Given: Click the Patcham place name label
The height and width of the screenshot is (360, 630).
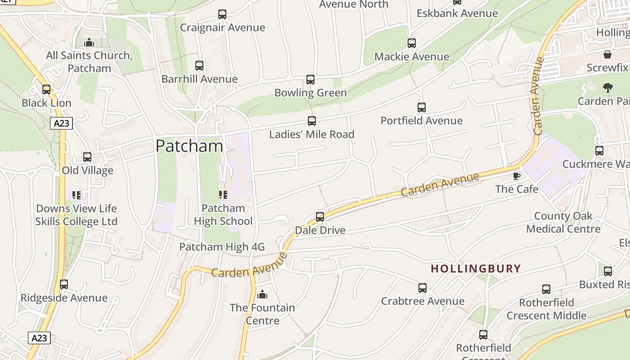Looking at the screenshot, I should [x=189, y=146].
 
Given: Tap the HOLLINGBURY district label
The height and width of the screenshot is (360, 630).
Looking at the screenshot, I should [x=476, y=269].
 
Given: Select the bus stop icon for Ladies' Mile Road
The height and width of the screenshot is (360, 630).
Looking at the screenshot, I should [x=311, y=121].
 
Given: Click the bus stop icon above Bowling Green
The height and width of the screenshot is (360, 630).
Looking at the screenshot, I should [x=310, y=80].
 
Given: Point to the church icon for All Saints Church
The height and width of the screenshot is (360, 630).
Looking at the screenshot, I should [x=89, y=42].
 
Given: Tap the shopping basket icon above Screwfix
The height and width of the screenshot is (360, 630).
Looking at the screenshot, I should [x=607, y=54].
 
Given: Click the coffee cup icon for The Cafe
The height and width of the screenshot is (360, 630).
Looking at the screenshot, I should [x=516, y=176].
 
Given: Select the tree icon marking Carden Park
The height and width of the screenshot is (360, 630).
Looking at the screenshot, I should [x=607, y=88].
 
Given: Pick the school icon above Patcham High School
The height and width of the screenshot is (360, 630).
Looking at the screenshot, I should [x=223, y=195].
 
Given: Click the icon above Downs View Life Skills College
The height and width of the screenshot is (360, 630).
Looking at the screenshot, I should [x=76, y=195].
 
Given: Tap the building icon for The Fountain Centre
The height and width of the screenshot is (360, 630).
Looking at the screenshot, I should [x=262, y=295].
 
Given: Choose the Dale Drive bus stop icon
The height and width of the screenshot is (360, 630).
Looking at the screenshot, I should [x=320, y=217].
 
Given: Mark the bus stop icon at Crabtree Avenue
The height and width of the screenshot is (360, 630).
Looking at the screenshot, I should [x=422, y=288].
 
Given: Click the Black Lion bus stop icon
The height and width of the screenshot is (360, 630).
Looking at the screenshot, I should [x=46, y=90].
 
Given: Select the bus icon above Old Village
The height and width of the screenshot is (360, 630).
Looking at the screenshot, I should [x=87, y=157].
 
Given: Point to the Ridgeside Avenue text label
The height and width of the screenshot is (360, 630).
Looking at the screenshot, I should [x=64, y=298].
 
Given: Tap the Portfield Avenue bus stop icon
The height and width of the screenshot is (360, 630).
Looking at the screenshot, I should [x=421, y=108].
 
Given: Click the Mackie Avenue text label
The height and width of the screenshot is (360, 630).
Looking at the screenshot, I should [x=411, y=57].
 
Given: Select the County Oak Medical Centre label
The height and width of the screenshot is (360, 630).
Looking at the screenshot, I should [x=563, y=222].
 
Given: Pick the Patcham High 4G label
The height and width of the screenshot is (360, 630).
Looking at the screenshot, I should [x=222, y=247].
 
